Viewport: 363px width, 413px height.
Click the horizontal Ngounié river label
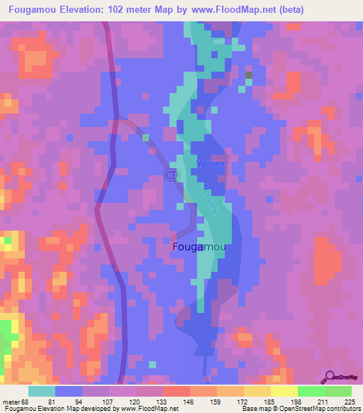coord(210,163)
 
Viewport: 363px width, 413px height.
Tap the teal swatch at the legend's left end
coord(42,391)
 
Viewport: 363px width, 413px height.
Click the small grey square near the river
coord(248,75)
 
